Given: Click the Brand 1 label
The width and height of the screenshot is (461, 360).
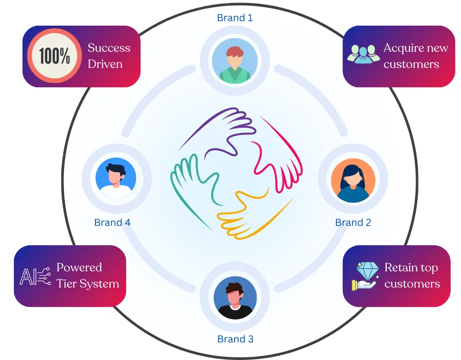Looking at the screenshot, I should click(235, 18).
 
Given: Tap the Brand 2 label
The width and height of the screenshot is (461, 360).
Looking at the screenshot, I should click(353, 223).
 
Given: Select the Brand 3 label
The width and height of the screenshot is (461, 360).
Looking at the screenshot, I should click(235, 339).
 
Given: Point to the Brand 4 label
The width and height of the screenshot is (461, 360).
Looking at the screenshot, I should click(112, 223).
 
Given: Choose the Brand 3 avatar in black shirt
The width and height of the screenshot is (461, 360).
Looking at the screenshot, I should click(235, 298).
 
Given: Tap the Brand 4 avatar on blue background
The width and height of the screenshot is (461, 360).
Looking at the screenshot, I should click(116, 178).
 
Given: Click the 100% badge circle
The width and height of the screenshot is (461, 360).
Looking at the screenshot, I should click(54, 56).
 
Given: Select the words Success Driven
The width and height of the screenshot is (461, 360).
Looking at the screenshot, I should click(108, 56).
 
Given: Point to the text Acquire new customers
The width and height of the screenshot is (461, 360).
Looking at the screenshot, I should click(416, 56).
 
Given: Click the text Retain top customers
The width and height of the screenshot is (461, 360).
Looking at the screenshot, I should click(411, 275).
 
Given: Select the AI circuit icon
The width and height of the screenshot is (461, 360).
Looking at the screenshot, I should click(34, 276).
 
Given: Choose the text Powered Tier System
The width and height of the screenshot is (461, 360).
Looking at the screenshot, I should click(87, 275).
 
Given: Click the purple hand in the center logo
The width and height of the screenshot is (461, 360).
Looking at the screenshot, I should click(221, 130).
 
